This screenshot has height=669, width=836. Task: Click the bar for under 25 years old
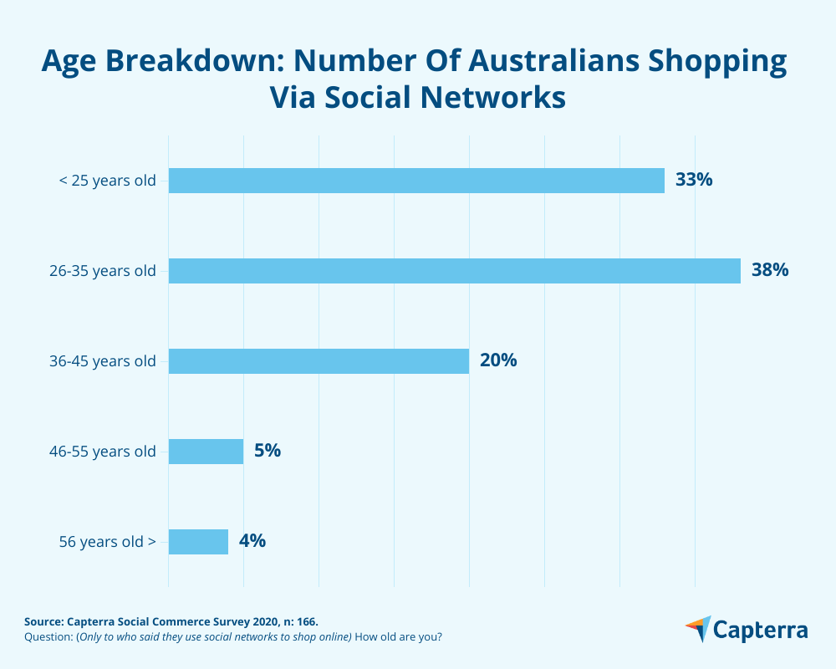416,181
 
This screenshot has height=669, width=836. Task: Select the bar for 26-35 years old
454,271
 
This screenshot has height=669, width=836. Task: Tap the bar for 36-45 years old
319,361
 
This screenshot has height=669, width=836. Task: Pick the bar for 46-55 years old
206,452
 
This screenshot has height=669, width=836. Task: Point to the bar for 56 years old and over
198,542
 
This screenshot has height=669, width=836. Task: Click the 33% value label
694,180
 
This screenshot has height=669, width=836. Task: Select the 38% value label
770,270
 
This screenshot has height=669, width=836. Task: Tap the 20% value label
498,360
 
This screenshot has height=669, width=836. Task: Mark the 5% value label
268,451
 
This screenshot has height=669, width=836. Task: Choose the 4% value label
252,541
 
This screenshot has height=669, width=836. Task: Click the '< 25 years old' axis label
107,181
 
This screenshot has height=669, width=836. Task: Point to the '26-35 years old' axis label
103,271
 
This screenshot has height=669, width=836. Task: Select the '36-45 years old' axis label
103,361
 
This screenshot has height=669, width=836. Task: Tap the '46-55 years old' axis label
103,452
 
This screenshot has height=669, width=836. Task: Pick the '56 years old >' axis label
107,542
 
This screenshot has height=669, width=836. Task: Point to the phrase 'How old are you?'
398,637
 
